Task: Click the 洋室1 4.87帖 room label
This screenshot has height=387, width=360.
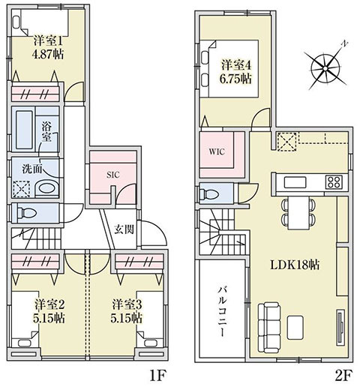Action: click(49, 47)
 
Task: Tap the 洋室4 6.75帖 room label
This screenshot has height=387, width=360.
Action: click(236, 72)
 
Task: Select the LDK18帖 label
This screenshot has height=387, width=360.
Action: click(295, 265)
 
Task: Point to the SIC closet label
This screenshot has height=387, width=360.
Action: click(113, 175)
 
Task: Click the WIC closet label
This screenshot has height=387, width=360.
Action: click(217, 151)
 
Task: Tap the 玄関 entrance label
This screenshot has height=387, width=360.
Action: click(124, 229)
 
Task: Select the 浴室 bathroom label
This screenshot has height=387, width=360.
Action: click(47, 131)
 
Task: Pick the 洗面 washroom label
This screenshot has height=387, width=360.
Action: click(31, 169)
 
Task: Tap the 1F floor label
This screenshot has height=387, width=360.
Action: click(157, 375)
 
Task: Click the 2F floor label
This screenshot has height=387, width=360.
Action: click(343, 375)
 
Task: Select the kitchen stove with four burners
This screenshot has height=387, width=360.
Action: click(334, 182)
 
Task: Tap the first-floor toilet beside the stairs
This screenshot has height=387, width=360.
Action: click(25, 213)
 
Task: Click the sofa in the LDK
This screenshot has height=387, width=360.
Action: click(268, 328)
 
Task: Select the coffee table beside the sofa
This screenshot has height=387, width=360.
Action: click(295, 328)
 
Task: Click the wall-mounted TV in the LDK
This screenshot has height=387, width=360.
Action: click(340, 328)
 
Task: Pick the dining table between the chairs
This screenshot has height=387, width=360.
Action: click(298, 213)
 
